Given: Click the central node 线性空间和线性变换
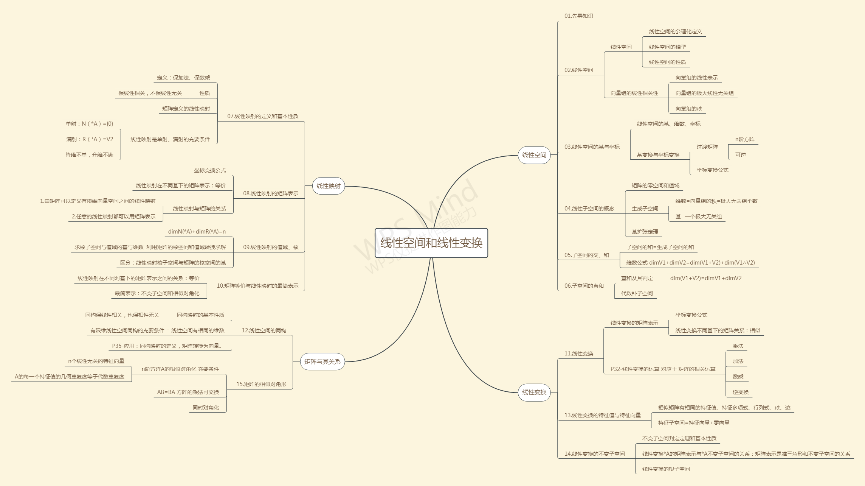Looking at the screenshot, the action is tap(431, 243).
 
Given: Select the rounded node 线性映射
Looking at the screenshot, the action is tap(328, 186).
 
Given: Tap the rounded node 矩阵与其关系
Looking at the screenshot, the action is tap(322, 361).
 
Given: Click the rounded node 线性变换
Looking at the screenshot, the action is tap(534, 392).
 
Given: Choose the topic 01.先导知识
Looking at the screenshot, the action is tap(578, 16).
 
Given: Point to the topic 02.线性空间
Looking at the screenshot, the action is tap(578, 70).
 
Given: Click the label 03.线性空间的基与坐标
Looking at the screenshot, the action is tap(592, 147).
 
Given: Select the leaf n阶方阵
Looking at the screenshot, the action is tap(744, 139).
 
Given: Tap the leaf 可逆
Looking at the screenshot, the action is tap(740, 155).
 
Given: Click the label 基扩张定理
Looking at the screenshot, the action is tap(645, 232).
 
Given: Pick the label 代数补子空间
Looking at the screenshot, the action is tap(637, 293).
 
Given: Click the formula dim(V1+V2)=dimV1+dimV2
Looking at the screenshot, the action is tap(705, 278).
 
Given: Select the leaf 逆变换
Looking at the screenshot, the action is tap(740, 392).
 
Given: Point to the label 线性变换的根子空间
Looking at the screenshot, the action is tap(666, 469).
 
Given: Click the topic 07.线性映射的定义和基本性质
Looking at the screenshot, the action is tap(263, 116).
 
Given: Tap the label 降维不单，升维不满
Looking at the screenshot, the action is tap(89, 155).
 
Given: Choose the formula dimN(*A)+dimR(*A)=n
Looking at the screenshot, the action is tap(197, 232).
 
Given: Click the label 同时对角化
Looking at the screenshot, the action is tap(206, 408).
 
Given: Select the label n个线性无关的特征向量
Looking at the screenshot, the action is tap(96, 361).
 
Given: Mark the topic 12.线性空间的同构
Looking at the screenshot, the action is tap(264, 330).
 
